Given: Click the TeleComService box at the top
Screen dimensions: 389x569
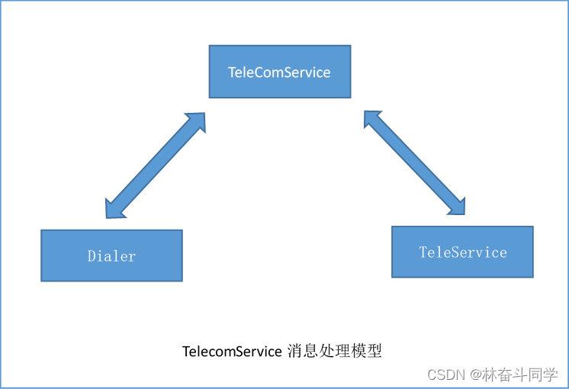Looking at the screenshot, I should [280, 72].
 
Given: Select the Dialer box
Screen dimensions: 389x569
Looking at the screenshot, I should [111, 256].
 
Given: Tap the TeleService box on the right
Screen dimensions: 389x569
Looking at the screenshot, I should [462, 252].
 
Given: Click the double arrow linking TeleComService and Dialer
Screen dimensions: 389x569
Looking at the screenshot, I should [156, 166].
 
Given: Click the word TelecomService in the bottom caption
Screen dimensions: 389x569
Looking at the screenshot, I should [232, 352].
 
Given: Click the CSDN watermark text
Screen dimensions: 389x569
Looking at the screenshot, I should [446, 375].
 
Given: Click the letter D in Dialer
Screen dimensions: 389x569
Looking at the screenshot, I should [91, 256].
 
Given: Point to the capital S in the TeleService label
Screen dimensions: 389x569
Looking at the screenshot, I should [456, 252].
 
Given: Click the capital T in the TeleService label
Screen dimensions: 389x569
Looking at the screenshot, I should [423, 252].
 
